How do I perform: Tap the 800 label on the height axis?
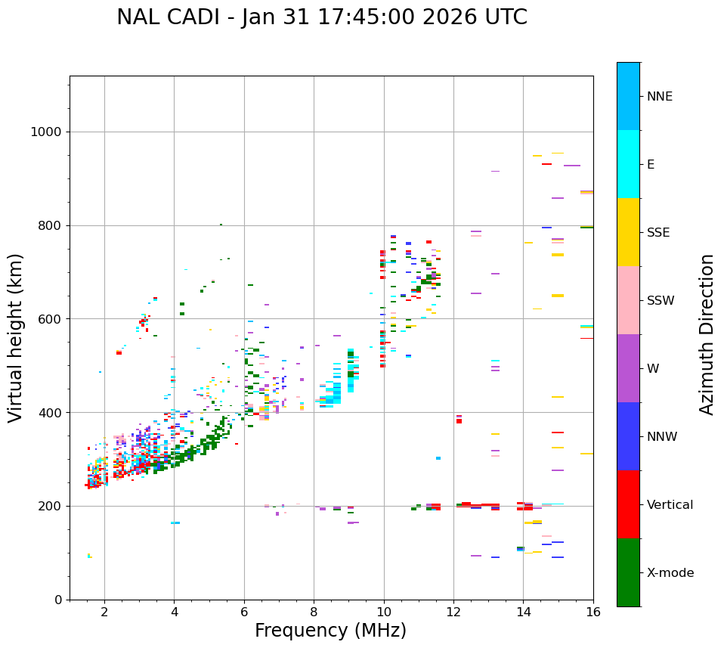tap(49, 225)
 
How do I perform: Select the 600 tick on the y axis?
tap(49, 319)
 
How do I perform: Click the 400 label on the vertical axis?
tap(49, 413)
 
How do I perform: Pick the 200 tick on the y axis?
tap(49, 506)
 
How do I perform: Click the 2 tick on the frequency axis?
tap(104, 611)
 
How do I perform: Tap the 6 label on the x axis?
tap(244, 611)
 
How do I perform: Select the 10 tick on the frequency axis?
tap(384, 611)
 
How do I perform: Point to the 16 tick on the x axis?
tap(593, 611)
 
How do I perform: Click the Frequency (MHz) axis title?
tap(330, 631)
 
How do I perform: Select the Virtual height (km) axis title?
tap(16, 338)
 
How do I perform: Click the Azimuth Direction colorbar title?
tap(707, 334)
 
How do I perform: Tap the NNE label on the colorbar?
tap(660, 97)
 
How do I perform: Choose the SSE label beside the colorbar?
tap(658, 233)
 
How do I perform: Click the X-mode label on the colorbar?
tap(670, 573)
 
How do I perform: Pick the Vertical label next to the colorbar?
tap(670, 505)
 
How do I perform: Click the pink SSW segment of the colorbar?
tap(628, 300)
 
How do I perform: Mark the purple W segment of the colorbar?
tap(628, 368)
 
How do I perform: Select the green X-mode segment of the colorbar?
tap(628, 572)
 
